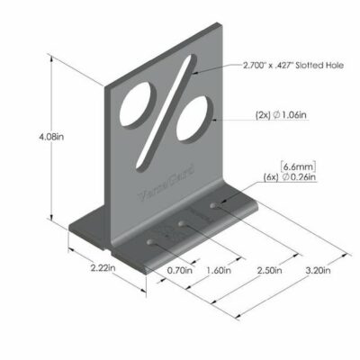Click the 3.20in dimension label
(317, 268)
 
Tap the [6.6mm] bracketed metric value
(296, 166)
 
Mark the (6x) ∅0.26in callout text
(289, 178)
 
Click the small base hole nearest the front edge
(148, 241)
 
